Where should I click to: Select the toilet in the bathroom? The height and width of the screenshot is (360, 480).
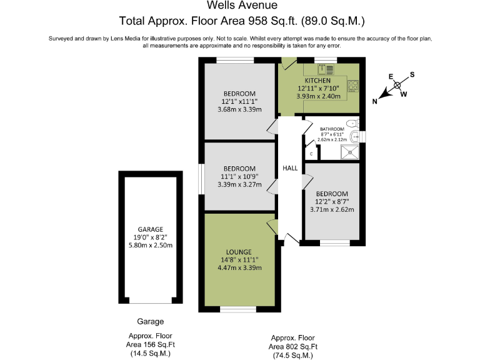pos(352,122)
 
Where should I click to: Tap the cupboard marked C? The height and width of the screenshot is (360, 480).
pos(311,153)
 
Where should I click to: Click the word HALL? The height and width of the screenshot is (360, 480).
pos(290,168)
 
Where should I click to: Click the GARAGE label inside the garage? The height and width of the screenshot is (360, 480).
pos(151,229)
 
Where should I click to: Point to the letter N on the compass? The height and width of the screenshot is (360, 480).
pos(375,101)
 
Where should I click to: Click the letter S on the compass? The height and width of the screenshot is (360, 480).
pos(412,74)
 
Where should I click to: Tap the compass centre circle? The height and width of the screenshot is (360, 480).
pos(397,87)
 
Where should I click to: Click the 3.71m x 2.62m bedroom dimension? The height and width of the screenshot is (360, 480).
pos(331,209)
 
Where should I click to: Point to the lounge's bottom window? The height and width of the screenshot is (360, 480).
pos(238,309)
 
